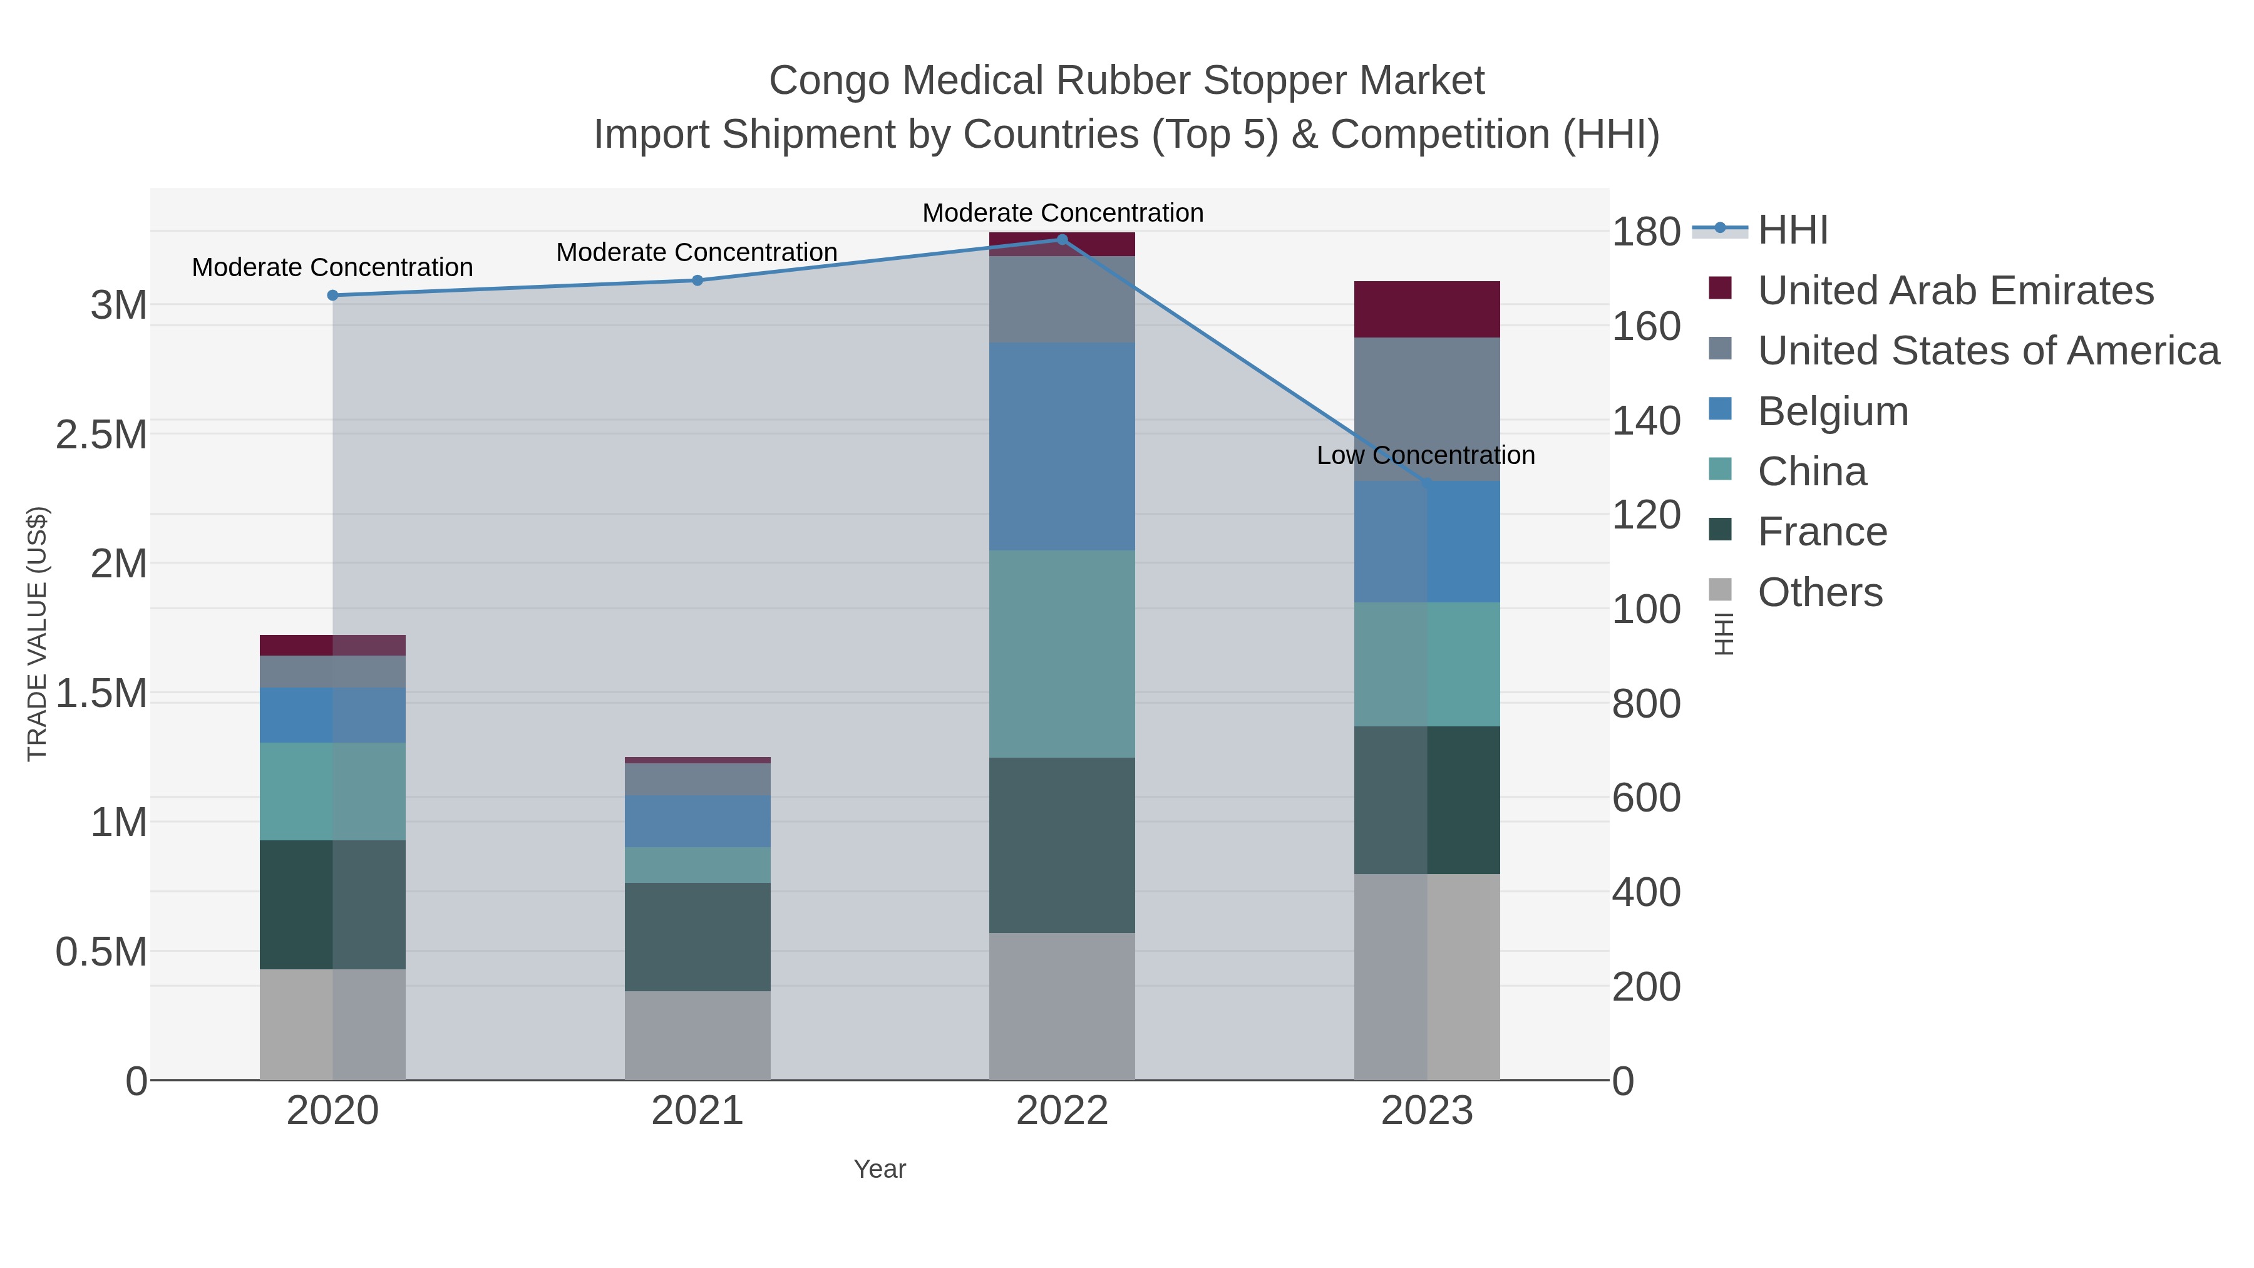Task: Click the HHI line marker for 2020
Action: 332,296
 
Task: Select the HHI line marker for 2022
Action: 1063,240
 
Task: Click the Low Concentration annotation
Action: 1426,456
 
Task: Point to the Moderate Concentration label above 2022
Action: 1063,214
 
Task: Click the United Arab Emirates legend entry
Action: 1955,291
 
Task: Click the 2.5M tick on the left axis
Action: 101,435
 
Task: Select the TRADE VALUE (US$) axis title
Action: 37,634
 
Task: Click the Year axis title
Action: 880,1169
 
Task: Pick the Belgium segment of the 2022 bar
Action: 1063,446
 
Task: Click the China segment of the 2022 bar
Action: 1063,654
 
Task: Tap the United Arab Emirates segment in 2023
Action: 1427,310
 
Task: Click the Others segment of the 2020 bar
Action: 332,1024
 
